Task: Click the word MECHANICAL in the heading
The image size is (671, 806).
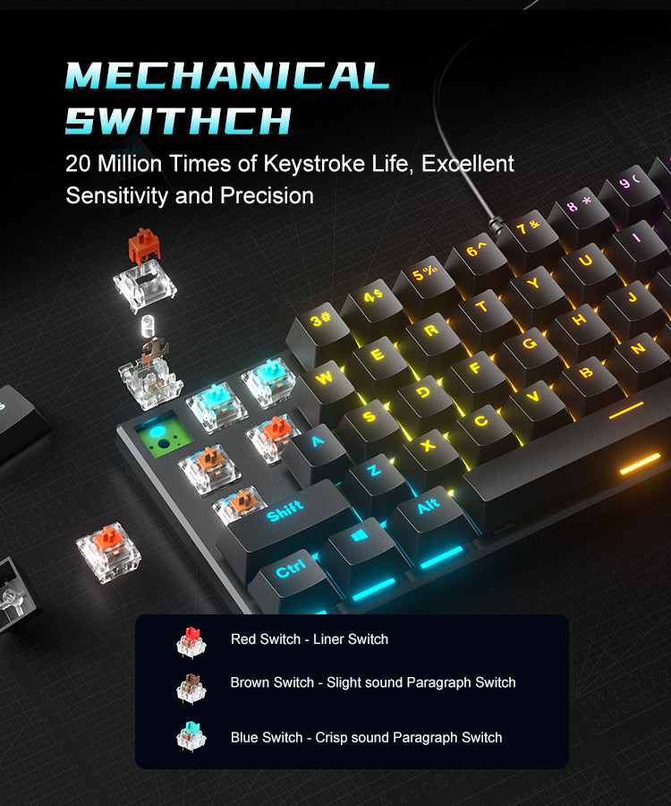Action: tap(227, 75)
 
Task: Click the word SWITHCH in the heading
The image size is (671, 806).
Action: tap(179, 120)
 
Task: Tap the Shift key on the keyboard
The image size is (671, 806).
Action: tap(285, 512)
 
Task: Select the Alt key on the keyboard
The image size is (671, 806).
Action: tap(429, 508)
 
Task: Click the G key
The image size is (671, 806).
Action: tap(529, 343)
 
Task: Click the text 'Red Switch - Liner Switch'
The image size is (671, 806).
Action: tap(310, 639)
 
